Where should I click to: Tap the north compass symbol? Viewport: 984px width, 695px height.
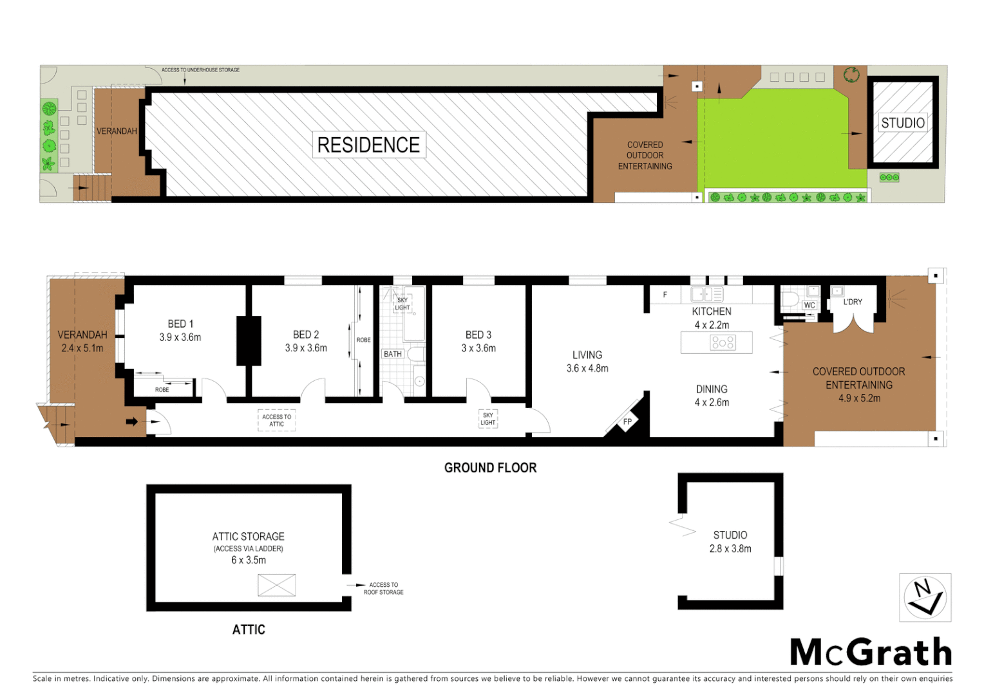point(925,598)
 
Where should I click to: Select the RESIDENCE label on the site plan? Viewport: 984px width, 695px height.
point(368,145)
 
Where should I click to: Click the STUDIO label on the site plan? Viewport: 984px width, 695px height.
point(902,123)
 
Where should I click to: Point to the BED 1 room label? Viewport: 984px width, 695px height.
point(180,324)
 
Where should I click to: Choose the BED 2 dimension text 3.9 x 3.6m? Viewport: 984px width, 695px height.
point(306,348)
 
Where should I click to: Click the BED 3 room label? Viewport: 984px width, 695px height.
point(478,335)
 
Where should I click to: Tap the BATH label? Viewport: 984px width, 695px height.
point(392,354)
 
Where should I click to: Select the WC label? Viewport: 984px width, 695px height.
point(809,305)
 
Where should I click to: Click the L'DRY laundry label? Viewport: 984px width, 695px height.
point(853,302)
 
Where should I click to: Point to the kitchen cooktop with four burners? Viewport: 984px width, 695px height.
point(723,342)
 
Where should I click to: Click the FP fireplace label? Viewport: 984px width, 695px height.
point(627,422)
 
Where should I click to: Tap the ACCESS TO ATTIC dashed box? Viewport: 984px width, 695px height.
point(276,420)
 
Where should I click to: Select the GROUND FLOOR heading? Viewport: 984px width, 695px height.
point(490,468)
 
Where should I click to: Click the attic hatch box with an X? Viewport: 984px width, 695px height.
point(276,585)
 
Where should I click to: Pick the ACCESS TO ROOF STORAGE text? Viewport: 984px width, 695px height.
point(383,589)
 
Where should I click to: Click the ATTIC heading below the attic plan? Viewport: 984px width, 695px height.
point(249,629)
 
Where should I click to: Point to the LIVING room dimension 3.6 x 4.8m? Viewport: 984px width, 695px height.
point(587,369)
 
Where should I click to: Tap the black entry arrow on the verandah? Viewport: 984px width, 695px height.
point(131,422)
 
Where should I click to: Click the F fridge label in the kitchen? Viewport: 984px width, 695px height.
point(665,295)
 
